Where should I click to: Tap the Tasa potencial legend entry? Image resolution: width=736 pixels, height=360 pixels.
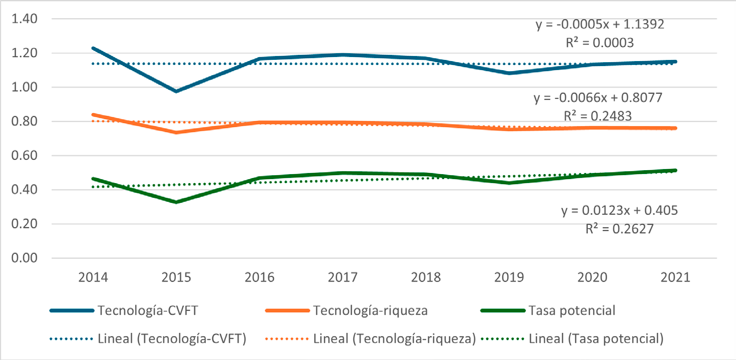(x=572, y=311)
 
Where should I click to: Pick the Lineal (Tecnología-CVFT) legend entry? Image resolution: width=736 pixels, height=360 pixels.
(x=172, y=340)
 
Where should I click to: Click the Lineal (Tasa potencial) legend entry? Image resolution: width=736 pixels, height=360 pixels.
(x=596, y=340)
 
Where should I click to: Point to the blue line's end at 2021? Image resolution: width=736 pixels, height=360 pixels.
(x=676, y=62)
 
